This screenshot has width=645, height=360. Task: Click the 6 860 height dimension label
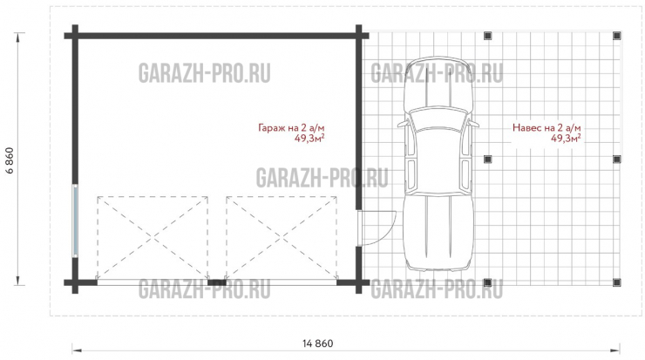(11, 159)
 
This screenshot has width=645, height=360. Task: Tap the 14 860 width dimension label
(318, 343)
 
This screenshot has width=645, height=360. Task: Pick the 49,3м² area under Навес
(567, 138)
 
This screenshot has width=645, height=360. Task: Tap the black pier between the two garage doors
(218, 282)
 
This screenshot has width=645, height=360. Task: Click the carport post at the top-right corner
(617, 36)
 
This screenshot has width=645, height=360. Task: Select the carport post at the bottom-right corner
(617, 282)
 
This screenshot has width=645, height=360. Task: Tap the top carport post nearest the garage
(488, 36)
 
